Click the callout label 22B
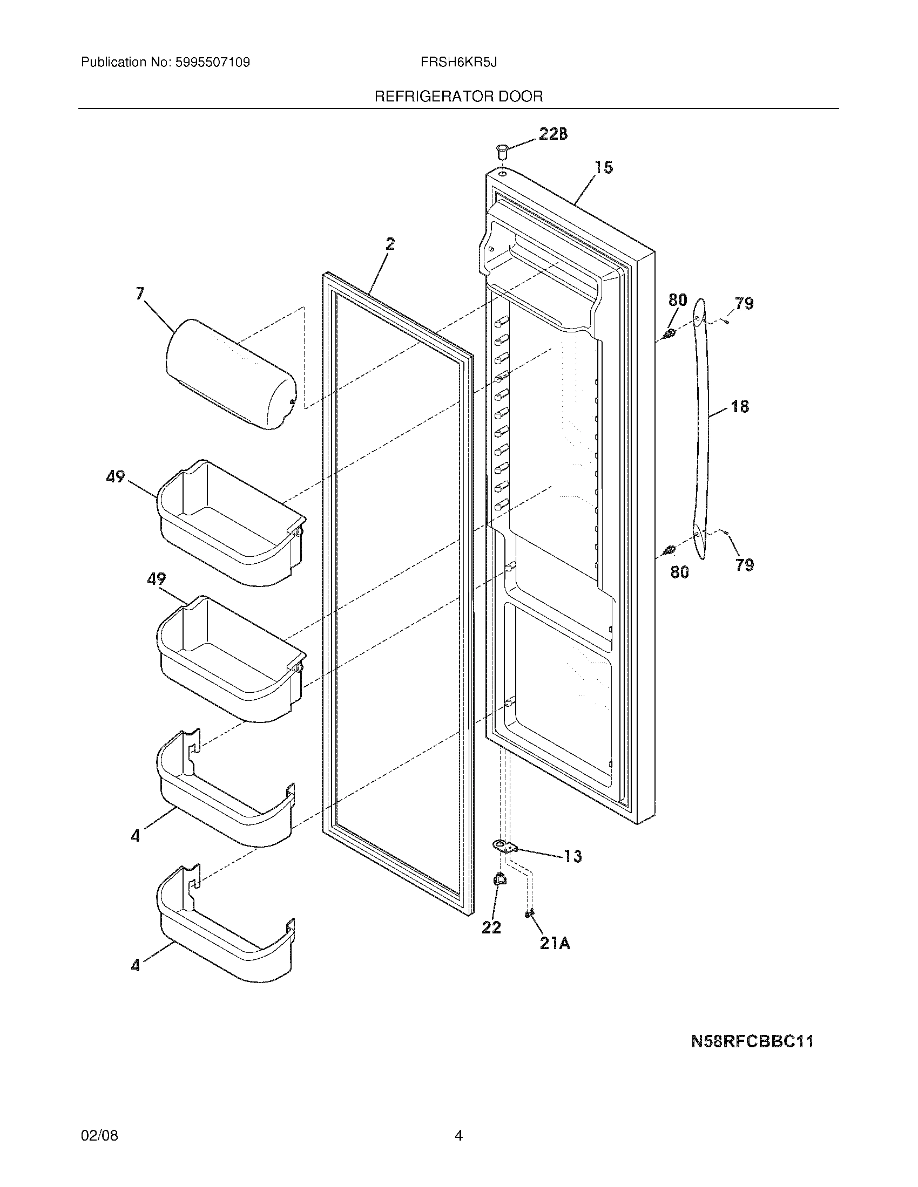tap(553, 134)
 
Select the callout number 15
tap(604, 167)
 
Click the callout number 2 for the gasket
tap(390, 244)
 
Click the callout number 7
tap(140, 294)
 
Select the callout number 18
tap(740, 406)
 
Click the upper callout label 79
tap(744, 303)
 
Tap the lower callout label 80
tap(679, 572)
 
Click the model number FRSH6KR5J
tap(458, 63)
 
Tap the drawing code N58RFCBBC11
tap(752, 1041)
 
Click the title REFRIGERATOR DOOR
tap(458, 97)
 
